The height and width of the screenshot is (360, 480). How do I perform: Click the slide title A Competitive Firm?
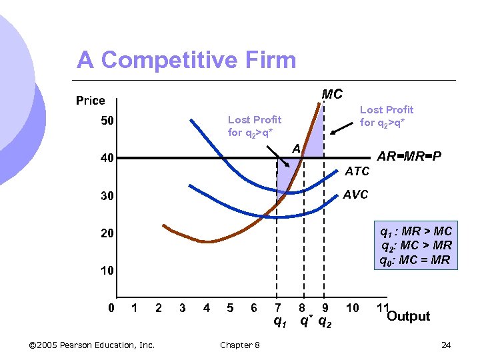coord(186,60)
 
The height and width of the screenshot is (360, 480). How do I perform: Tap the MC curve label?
coord(331,95)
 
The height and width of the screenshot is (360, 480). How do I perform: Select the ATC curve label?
coord(357,171)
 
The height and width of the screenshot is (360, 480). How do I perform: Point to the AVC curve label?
coord(355,194)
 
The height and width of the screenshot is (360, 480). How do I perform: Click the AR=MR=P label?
coord(409,157)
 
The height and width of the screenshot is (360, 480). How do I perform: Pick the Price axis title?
coord(91,101)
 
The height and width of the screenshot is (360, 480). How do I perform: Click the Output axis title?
coord(408,316)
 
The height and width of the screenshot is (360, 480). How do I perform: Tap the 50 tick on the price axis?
coord(107,121)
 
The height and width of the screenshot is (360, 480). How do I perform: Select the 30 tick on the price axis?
coord(107,196)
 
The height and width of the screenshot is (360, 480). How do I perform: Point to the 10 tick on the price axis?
coord(107,271)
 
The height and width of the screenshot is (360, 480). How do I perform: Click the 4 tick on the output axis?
coord(206,308)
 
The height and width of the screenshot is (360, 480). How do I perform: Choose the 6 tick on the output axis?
coord(253,308)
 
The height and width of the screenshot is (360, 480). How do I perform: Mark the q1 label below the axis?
coord(280,322)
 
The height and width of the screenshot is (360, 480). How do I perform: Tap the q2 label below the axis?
coord(326,322)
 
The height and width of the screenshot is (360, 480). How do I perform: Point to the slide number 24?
coord(446,345)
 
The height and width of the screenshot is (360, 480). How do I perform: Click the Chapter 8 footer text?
coord(240,345)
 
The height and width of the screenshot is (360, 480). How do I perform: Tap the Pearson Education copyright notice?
coord(92,345)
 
